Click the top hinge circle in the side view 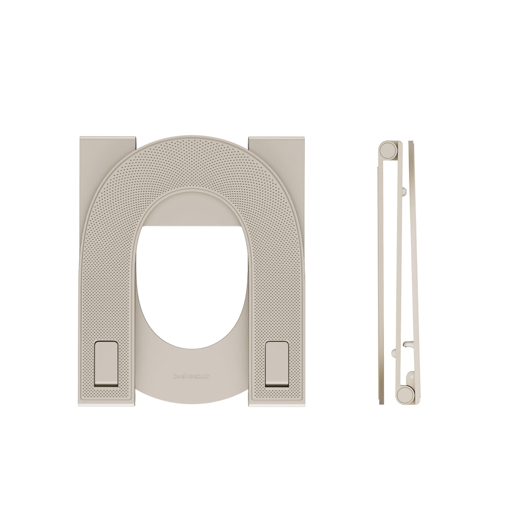coord(387,150)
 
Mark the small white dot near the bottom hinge coord(411,375)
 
